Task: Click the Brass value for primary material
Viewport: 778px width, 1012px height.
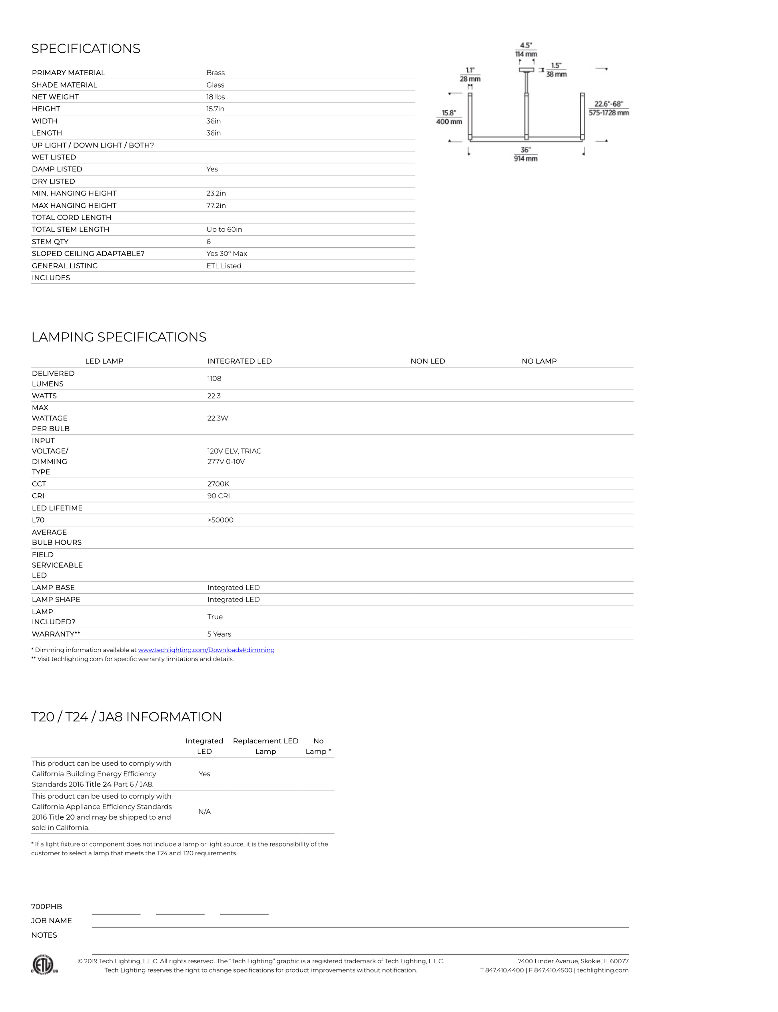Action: pos(215,73)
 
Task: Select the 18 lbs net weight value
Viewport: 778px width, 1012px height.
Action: pos(215,97)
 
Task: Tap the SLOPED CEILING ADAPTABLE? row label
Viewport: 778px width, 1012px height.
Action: pos(88,254)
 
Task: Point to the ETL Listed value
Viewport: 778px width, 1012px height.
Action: pos(223,266)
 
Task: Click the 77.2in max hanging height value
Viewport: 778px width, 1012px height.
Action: pos(216,205)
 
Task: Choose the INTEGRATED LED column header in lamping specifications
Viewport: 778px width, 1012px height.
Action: pos(239,361)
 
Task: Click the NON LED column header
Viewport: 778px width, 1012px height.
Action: pos(427,361)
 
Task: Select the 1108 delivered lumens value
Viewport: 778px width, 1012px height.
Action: pos(214,379)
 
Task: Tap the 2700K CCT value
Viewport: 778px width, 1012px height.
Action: pos(218,484)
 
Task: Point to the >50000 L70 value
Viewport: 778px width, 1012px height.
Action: pos(220,520)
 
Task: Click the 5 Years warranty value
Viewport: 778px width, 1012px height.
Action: pos(219,634)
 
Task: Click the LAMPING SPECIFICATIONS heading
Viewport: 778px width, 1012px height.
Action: pos(119,337)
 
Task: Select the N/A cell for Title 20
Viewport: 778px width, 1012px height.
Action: pos(204,811)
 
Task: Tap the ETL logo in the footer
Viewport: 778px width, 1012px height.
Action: pos(44,964)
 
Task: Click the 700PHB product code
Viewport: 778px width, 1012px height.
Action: pos(46,906)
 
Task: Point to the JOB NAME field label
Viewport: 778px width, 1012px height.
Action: pos(52,921)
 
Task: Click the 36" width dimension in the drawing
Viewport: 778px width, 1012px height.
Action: pos(525,150)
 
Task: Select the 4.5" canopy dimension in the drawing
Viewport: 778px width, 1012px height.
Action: pos(526,46)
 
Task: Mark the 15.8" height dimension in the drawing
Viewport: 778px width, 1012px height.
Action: pos(449,113)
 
